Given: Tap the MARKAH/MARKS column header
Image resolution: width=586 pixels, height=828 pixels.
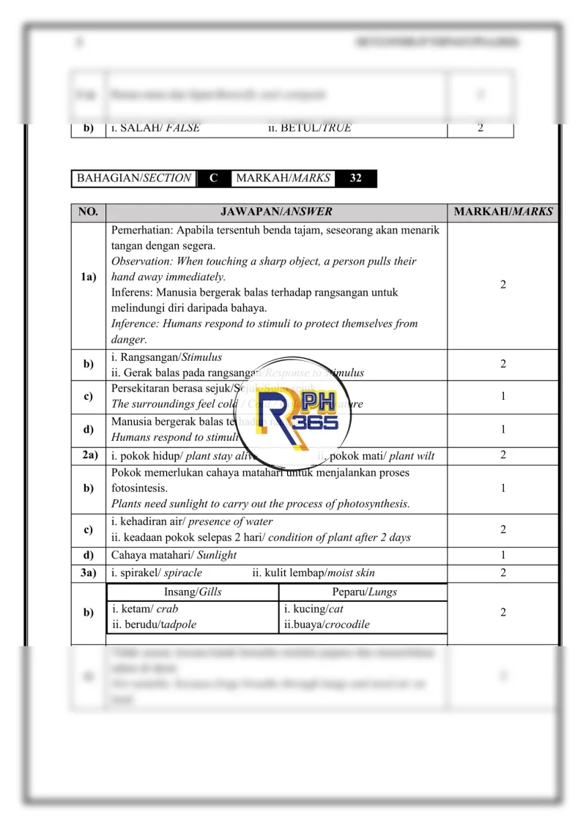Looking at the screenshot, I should [x=503, y=212].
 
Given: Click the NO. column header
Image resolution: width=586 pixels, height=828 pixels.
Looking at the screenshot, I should [x=88, y=212].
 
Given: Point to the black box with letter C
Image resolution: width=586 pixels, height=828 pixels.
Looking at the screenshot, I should [x=214, y=178].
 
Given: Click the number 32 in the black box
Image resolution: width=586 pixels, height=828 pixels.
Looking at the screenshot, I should [x=355, y=178].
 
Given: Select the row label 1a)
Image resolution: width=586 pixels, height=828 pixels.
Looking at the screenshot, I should [x=89, y=277].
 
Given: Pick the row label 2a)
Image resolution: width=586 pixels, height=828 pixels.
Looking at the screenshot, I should [x=89, y=455].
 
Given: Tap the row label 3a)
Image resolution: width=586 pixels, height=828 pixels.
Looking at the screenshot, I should [x=89, y=572].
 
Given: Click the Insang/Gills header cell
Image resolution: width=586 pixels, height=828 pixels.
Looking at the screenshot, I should [x=193, y=592].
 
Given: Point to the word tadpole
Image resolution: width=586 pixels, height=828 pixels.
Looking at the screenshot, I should [x=177, y=624].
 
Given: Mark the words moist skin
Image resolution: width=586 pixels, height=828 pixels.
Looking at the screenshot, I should [x=351, y=572].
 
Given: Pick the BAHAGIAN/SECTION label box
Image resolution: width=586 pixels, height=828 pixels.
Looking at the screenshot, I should [x=134, y=178].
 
